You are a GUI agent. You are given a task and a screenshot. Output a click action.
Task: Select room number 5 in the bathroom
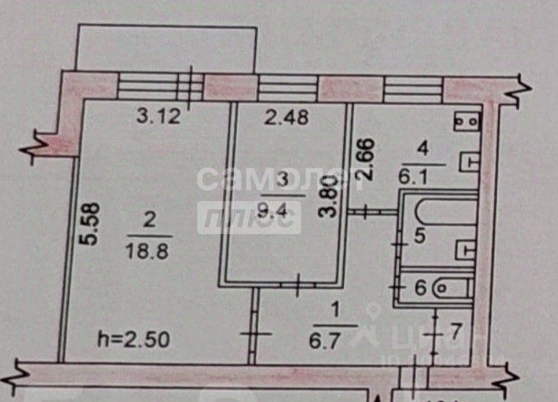(419, 236)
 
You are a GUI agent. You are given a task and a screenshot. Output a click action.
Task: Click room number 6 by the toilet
(420, 288)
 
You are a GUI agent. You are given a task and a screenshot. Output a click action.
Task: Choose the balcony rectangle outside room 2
(168, 48)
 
